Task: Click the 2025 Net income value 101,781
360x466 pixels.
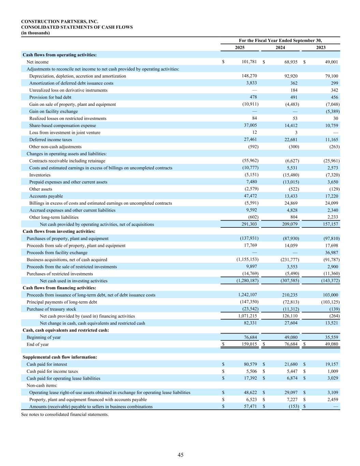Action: tap(249, 62)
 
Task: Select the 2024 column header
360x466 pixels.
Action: tap(280, 47)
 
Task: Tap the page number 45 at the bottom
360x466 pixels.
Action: tap(181, 455)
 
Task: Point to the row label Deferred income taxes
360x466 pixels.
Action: tap(51, 140)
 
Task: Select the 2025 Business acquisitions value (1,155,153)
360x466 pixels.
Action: tap(246, 260)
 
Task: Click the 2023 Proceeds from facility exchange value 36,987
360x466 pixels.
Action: tap(331, 253)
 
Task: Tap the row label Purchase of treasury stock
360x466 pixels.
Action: tap(51, 309)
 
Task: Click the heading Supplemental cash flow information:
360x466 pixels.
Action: tap(60, 357)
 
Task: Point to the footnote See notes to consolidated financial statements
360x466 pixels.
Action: tap(65, 414)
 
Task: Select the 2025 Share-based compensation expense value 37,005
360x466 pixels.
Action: tap(250, 125)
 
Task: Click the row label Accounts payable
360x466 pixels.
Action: tap(46, 196)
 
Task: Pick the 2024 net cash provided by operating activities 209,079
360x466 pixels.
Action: tap(290, 224)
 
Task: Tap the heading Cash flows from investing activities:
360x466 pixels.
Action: tap(59, 231)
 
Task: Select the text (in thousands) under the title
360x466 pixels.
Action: tap(35, 33)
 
